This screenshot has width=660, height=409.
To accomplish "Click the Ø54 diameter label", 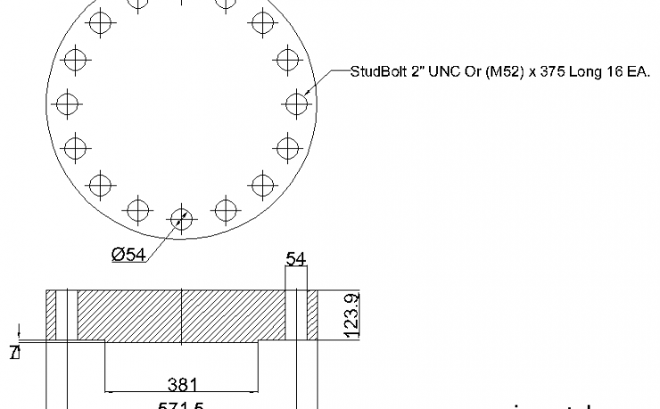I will pyautogui.click(x=129, y=255).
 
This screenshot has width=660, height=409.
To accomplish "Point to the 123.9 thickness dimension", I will pyautogui.click(x=351, y=314).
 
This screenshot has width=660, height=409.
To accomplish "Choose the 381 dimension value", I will pyautogui.click(x=182, y=385).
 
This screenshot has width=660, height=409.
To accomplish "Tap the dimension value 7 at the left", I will pyautogui.click(x=13, y=353).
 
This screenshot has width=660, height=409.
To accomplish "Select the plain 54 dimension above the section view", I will pyautogui.click(x=296, y=260).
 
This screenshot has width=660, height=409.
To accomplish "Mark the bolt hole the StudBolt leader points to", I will pyautogui.click(x=296, y=104).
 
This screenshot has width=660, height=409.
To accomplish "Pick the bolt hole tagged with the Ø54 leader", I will pyautogui.click(x=181, y=218).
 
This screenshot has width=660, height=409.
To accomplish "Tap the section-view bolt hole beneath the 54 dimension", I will pyautogui.click(x=296, y=314).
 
